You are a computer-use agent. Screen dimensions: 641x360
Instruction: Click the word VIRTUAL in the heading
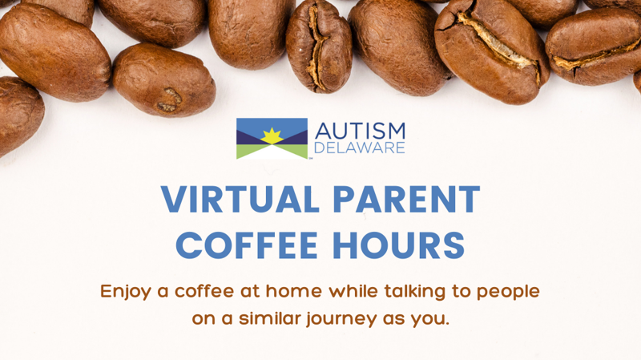pos(240,199)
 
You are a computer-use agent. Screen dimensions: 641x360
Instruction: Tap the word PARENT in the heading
pos(406,199)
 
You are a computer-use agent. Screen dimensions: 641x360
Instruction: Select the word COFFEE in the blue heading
pos(247,245)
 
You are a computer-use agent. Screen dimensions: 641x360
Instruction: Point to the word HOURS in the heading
pos(398,245)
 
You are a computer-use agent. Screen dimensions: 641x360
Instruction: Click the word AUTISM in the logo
pos(360,131)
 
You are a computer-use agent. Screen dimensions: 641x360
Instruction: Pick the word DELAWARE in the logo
pos(359,148)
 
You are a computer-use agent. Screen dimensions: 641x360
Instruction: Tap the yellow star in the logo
pos(272,136)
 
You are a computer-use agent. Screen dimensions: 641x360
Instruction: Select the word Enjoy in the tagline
pos(126,292)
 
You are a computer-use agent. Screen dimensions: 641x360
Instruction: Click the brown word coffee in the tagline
pos(204,291)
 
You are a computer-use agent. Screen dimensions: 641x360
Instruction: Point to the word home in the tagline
pos(293,291)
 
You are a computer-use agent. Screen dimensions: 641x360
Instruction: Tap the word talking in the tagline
pos(414,292)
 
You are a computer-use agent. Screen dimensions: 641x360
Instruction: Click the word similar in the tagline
pos(270,318)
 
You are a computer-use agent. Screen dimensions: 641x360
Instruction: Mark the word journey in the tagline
pos(341,319)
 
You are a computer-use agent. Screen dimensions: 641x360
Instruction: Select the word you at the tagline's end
pos(429,319)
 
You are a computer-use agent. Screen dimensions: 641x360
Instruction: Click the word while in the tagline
pos(353,291)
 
